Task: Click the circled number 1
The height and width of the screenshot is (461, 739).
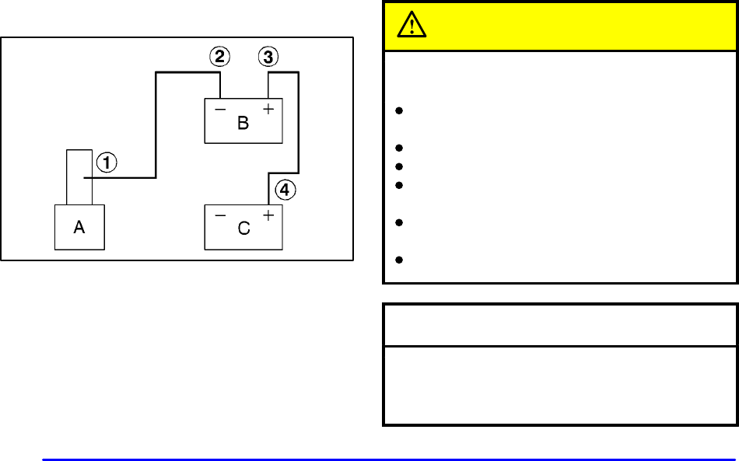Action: (x=107, y=162)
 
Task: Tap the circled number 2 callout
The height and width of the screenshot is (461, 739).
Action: (x=220, y=57)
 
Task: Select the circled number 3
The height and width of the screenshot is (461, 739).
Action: (x=268, y=57)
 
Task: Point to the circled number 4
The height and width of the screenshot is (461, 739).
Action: (x=286, y=189)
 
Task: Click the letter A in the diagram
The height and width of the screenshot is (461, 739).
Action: (x=79, y=228)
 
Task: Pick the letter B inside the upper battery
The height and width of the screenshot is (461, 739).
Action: (x=243, y=123)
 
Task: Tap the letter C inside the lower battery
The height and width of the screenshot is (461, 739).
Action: (x=243, y=229)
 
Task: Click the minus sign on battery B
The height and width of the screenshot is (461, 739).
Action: (x=220, y=110)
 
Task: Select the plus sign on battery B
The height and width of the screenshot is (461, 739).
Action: (x=268, y=110)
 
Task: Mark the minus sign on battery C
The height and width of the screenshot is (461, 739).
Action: (x=220, y=215)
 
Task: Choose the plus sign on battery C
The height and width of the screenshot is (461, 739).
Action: (x=268, y=215)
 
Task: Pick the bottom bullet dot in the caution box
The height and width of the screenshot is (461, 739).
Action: (x=398, y=258)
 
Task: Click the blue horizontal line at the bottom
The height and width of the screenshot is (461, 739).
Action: (x=389, y=459)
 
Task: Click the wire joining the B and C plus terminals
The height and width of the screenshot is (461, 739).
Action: (x=299, y=124)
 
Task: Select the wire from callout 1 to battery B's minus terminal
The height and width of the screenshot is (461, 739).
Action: (x=156, y=124)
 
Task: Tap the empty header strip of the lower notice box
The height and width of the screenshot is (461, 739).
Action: (x=560, y=325)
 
